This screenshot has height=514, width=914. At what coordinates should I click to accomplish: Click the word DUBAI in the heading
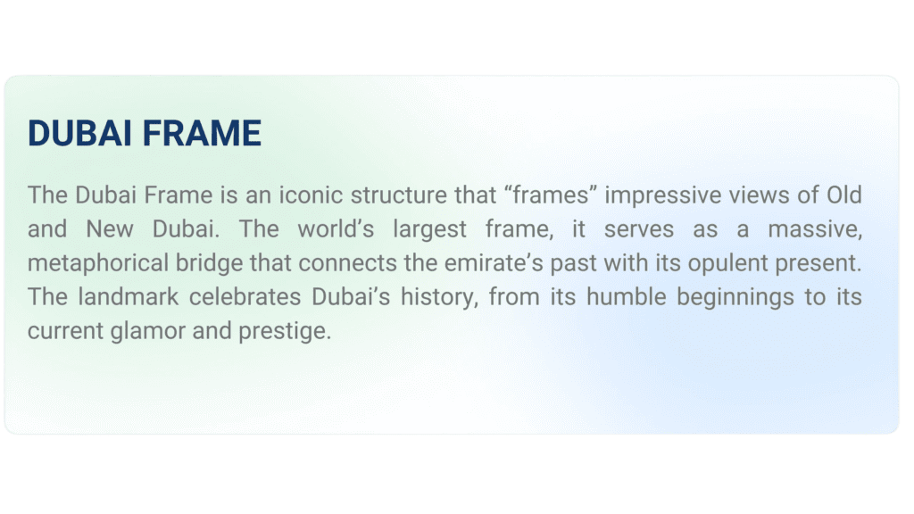(x=79, y=133)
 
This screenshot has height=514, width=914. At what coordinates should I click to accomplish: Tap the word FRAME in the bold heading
(x=202, y=133)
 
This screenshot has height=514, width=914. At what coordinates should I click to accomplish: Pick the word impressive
(x=663, y=195)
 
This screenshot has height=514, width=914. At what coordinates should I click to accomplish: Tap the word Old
(x=844, y=195)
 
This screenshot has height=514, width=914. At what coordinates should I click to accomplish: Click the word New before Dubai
(x=110, y=229)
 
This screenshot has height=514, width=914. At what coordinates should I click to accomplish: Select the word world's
(x=336, y=229)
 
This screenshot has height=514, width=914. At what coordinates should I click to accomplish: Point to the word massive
(x=815, y=229)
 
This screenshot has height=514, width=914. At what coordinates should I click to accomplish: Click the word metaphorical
(x=98, y=263)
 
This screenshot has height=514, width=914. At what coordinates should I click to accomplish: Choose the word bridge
(x=209, y=263)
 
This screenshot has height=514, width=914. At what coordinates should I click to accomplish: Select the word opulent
(x=727, y=263)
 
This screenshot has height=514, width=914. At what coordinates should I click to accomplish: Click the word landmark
(x=129, y=296)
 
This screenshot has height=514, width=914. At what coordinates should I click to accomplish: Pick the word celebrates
(x=245, y=296)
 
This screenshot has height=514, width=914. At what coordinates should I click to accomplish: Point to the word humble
(x=626, y=296)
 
